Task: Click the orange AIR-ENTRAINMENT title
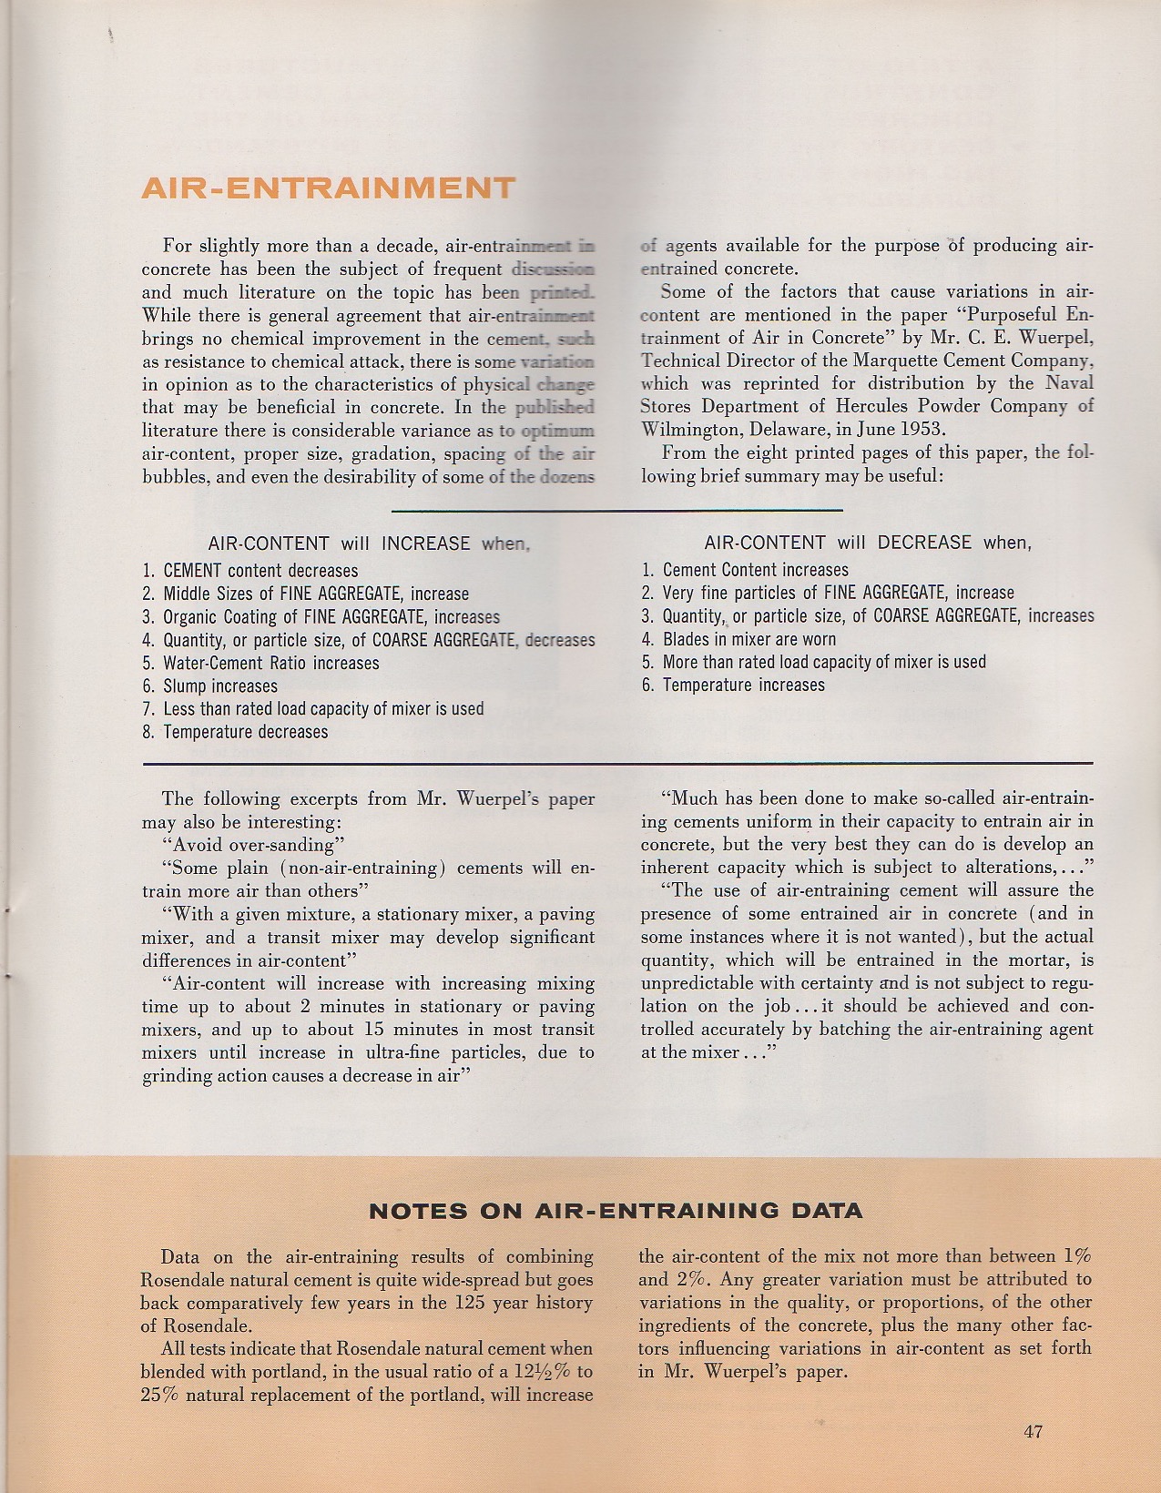click(328, 188)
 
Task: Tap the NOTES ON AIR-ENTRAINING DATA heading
click(615, 1211)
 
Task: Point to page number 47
click(1033, 1431)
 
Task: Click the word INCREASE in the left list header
click(425, 543)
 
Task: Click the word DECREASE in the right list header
click(925, 543)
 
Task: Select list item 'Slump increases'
click(220, 686)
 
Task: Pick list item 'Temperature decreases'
click(245, 732)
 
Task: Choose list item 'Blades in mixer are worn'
click(749, 639)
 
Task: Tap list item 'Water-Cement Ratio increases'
click(270, 663)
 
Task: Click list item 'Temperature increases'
click(743, 685)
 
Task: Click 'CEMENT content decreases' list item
click(260, 571)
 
